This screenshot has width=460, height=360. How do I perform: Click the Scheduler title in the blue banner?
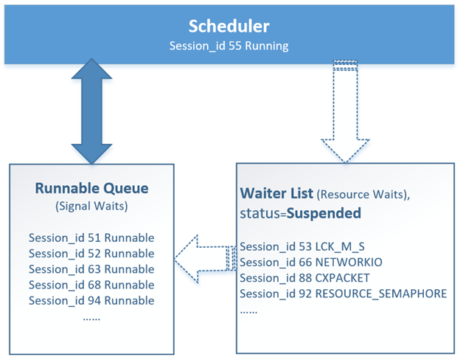[x=229, y=26]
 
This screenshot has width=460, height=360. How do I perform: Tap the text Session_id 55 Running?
[x=229, y=45]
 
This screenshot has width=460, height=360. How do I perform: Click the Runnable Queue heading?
[x=91, y=187]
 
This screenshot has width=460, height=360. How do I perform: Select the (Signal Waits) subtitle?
[x=91, y=207]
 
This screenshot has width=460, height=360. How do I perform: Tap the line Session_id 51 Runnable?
[x=91, y=238]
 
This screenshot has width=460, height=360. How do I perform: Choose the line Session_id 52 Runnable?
[x=91, y=254]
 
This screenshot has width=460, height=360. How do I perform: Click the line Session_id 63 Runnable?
[x=91, y=269]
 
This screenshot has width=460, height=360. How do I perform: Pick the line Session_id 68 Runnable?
[x=91, y=285]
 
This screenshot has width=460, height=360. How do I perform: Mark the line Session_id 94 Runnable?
[x=91, y=300]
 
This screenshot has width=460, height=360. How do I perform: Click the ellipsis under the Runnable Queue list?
[x=91, y=317]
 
